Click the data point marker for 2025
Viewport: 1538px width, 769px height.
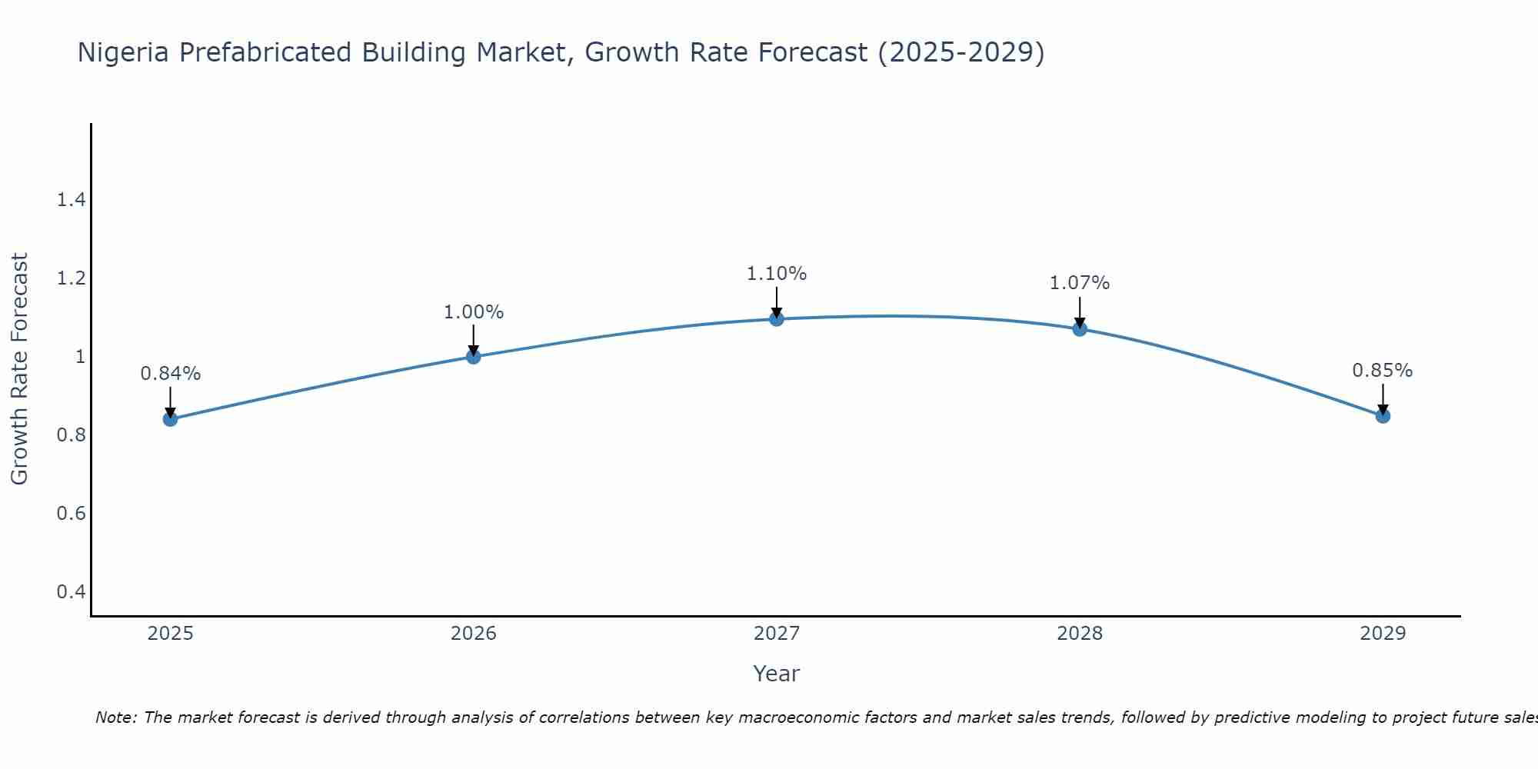coord(171,419)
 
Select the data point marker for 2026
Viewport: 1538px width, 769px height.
coord(474,357)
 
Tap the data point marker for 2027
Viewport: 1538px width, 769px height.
coord(777,319)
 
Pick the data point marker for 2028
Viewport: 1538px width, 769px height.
coord(1080,329)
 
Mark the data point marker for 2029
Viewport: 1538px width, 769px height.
coord(1383,416)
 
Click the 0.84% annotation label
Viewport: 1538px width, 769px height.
coord(171,374)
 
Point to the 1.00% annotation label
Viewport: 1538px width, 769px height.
coord(474,312)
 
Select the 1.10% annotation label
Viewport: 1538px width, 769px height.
coord(777,274)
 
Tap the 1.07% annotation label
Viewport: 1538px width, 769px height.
coord(1080,283)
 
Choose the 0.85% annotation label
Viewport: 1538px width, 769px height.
coord(1383,371)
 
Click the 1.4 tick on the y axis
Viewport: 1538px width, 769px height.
coord(71,201)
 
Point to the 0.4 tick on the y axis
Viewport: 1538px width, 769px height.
coord(71,591)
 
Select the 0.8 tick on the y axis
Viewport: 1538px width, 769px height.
coord(71,435)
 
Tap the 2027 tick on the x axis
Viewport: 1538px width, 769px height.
coord(777,634)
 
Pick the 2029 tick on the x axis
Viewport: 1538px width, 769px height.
coord(1383,634)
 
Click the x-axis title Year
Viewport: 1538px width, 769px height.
coord(777,674)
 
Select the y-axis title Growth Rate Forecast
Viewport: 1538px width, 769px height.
coord(19,369)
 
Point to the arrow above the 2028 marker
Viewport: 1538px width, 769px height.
coord(1080,311)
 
